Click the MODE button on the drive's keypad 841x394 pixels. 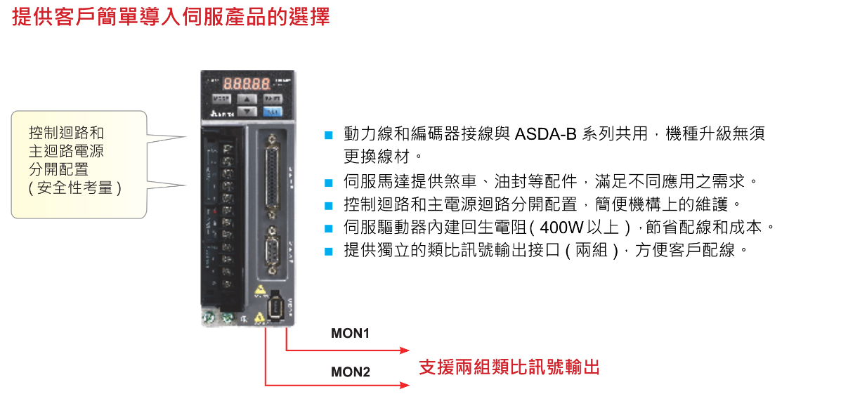(x=221, y=99)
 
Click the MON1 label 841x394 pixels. (x=350, y=334)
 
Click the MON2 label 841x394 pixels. (x=350, y=372)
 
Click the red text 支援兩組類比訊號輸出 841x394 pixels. (x=509, y=367)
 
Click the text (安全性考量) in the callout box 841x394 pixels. (x=75, y=188)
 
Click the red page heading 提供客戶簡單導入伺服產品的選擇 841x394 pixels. (x=171, y=17)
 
